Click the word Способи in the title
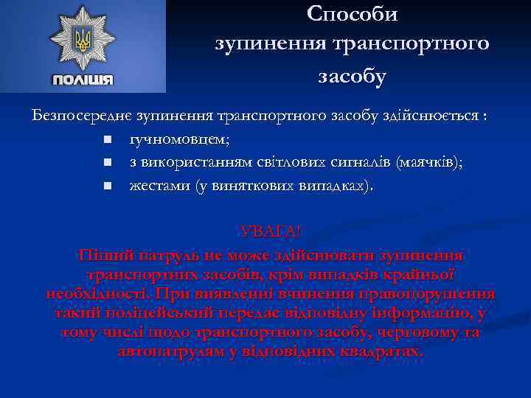pos(352,14)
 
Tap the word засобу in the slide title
pos(352,76)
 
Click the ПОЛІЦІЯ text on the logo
pos(83,80)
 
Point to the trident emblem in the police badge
pos(83,38)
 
